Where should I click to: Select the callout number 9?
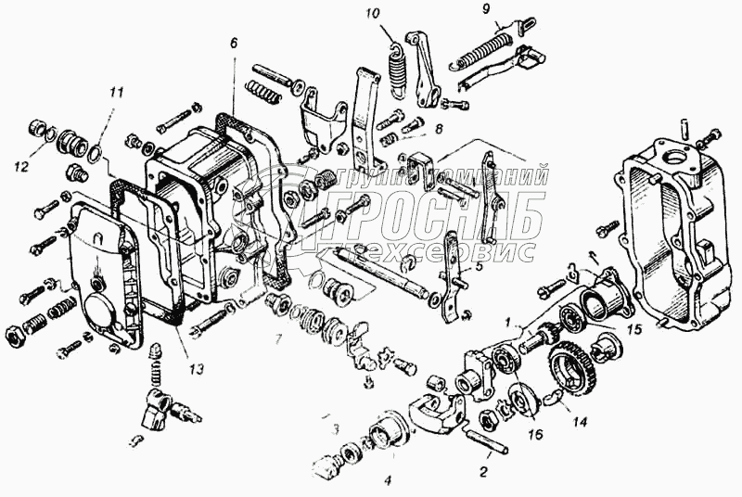[x=509, y=9]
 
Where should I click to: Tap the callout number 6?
[x=233, y=44]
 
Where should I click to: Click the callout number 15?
[x=634, y=327]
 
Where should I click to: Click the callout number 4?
[x=389, y=480]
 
